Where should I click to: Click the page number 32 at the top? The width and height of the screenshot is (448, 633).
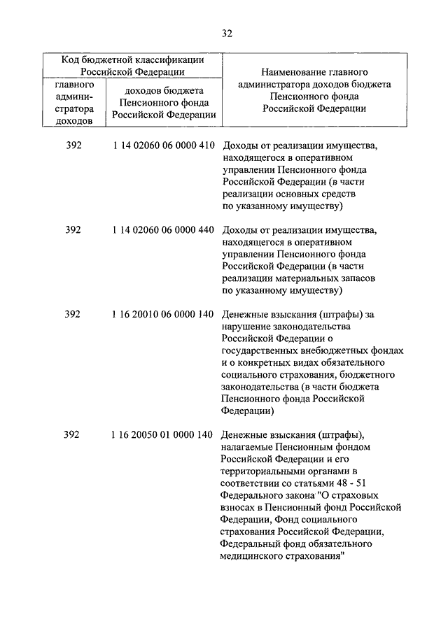[x=226, y=34]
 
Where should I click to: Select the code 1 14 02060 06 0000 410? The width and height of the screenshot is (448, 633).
[x=162, y=146]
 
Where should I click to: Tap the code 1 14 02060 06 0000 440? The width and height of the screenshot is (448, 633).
[x=162, y=230]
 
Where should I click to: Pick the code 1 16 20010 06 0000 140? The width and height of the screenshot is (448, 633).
[x=162, y=314]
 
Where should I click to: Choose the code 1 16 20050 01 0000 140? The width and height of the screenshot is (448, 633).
[x=162, y=434]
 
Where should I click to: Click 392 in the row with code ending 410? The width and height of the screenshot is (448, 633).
[x=73, y=146]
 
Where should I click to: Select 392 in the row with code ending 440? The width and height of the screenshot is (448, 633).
[x=73, y=230]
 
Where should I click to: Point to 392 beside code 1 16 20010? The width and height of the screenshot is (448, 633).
[x=73, y=314]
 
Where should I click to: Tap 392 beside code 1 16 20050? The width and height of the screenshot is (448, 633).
[x=73, y=434]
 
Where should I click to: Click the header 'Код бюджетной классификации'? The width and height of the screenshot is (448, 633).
[x=132, y=59]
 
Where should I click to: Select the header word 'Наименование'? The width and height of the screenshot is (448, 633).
[x=295, y=72]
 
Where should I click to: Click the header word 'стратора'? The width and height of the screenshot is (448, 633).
[x=73, y=108]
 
